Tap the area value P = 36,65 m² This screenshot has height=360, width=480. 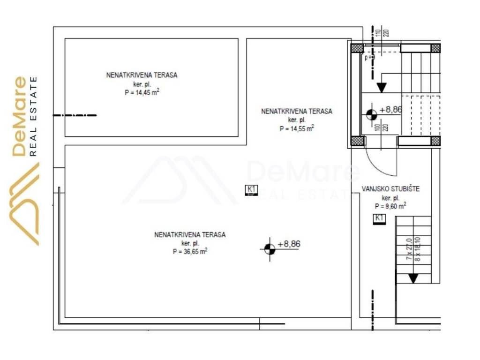tap(190, 251)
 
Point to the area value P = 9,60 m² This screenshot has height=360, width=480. tap(390, 206)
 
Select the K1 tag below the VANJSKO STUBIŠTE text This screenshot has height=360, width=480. tap(379, 218)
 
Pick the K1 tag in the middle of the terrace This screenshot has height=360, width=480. tap(252, 190)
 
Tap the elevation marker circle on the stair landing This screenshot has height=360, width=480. tap(371, 114)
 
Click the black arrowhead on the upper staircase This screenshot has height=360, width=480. tap(381, 87)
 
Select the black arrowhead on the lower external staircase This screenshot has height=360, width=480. tap(413, 278)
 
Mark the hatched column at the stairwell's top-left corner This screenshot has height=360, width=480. tap(357, 48)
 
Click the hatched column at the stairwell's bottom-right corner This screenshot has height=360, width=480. tap(435, 140)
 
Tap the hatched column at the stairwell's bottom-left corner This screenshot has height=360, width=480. tap(357, 140)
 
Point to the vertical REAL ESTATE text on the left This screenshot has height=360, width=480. tap(34, 116)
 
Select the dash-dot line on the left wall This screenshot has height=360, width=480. tap(75, 115)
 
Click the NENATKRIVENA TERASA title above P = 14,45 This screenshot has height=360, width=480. tap(142, 75)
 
